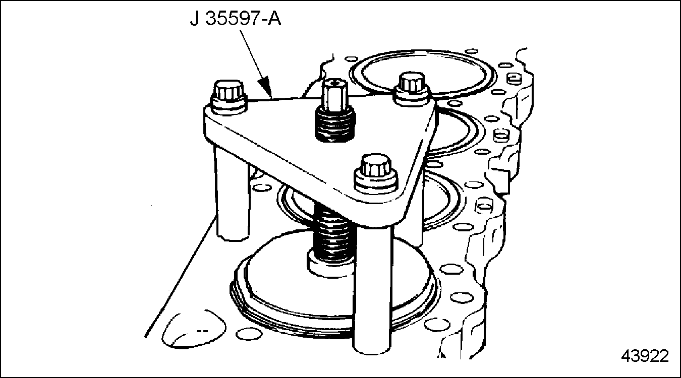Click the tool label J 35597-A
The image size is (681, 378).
tap(235, 19)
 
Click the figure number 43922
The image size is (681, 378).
tap(645, 356)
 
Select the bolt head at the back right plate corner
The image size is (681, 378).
tap(412, 83)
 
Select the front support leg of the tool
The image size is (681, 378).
tap(371, 289)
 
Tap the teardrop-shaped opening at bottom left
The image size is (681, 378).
tap(194, 330)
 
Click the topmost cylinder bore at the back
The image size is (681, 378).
tap(423, 74)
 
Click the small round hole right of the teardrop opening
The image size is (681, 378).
tap(249, 334)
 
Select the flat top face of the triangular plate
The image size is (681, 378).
tap(319, 146)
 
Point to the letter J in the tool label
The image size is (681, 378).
tap(195, 19)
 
